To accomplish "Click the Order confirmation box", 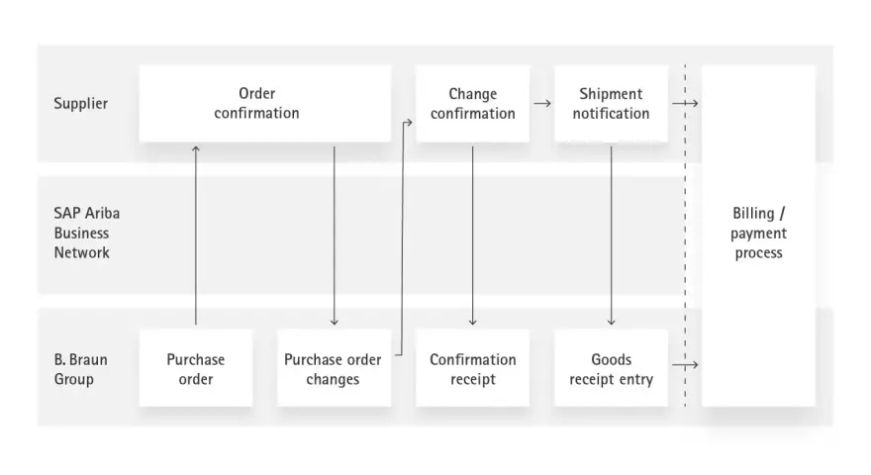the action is pos(265,103).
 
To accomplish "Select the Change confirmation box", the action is pos(473,103).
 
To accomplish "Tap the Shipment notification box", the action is pos(611,103).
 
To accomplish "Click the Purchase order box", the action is pos(196,368).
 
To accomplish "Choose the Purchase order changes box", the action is pos(334,368).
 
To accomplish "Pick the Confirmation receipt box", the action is pos(473,368).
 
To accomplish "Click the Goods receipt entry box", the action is pos(611,368).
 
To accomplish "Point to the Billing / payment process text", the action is pos(758,233).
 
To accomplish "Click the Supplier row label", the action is pos(80,104).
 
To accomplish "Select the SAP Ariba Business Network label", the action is pos(87,233).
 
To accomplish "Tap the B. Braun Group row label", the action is pos(80,369).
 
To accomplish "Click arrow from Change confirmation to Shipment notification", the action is pos(542,103).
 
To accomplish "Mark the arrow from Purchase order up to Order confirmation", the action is pos(196,236).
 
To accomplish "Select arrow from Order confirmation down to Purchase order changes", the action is pos(334,236).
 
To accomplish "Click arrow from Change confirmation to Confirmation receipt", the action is pos(473,236).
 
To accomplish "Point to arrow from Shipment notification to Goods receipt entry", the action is pos(611,236).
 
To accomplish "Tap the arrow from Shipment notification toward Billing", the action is pos(685,103).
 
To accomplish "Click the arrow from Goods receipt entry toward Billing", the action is pos(685,365).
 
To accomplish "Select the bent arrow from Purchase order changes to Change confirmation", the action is pos(402,238).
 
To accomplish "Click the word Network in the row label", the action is pos(81,252).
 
